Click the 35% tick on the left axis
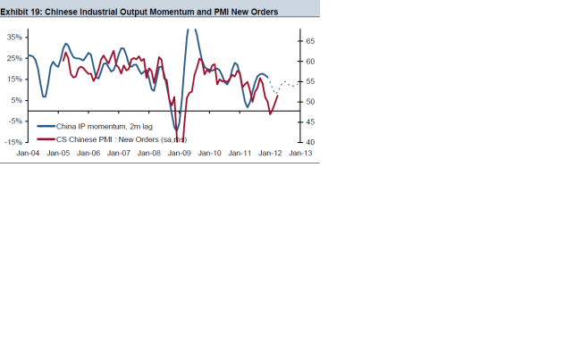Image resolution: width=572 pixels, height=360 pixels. (x=15, y=37)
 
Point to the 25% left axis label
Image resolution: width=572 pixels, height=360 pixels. (x=15, y=58)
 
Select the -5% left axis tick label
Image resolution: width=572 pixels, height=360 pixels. (x=16, y=121)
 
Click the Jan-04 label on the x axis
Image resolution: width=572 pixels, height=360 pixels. (x=28, y=154)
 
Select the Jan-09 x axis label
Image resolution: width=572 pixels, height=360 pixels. (x=180, y=154)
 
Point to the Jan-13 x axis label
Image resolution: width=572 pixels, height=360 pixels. (x=300, y=154)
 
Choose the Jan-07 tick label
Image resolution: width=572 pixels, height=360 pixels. (x=119, y=154)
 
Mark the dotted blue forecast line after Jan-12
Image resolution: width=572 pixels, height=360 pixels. (x=284, y=85)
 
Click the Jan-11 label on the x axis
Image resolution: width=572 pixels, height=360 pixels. (x=240, y=154)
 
